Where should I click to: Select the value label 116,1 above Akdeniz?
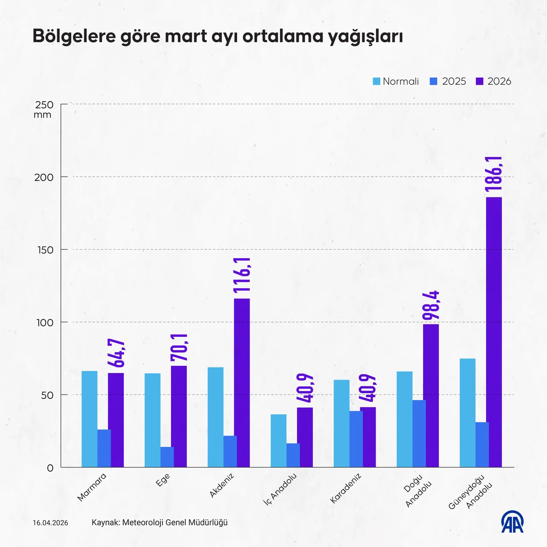coord(242,275)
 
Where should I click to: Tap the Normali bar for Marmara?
coord(89,419)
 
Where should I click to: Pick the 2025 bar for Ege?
coord(167,457)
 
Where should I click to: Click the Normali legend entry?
coord(396,81)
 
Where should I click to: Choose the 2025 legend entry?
coord(448,81)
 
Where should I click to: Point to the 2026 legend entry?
coord(494,81)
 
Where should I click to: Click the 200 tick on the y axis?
coord(44,177)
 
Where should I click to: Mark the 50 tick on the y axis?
coord(47,395)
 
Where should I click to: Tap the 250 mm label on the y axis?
coord(44,109)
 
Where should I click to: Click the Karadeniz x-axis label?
coord(346,488)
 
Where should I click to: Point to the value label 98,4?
coord(431,305)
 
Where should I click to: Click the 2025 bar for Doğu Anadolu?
coord(419,433)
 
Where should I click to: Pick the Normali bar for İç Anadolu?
coord(279,441)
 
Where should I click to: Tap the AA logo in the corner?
coord(512,522)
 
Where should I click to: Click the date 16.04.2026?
coord(50,523)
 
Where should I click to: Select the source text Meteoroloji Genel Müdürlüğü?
coord(175,522)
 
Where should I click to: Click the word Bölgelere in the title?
coord(74,36)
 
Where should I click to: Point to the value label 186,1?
coord(494,174)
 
